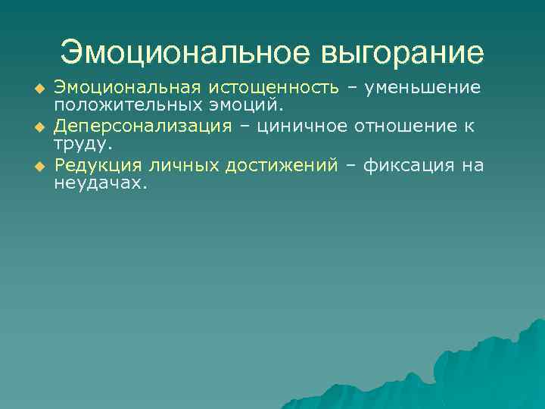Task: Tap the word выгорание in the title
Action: (x=403, y=52)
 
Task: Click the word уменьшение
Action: (x=422, y=87)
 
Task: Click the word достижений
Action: (x=279, y=165)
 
